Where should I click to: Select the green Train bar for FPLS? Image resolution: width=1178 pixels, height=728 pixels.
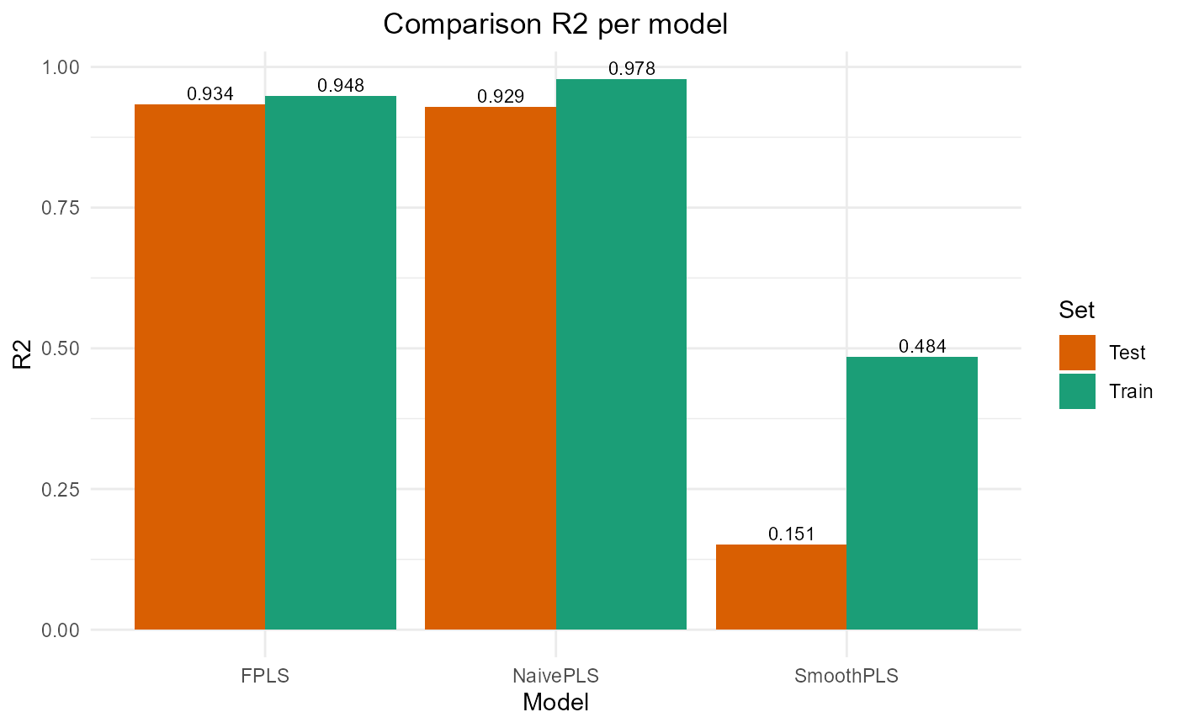pos(331,363)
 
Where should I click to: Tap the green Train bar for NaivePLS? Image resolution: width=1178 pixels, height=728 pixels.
pos(621,354)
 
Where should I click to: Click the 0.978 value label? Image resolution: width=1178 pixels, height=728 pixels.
pos(631,69)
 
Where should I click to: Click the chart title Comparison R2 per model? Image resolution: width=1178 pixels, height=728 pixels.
pos(555,24)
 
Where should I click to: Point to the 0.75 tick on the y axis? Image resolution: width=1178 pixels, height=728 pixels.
pos(60,208)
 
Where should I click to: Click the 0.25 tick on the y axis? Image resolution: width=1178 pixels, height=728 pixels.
pos(60,490)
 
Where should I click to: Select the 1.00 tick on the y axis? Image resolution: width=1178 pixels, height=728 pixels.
pos(60,67)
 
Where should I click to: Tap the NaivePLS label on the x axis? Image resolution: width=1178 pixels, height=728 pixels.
pos(555,676)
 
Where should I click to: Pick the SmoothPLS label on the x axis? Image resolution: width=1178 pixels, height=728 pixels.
pos(846,676)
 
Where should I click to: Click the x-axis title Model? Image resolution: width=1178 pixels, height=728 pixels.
pos(555,703)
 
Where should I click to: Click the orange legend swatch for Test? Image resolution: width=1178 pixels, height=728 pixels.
pos(1077,353)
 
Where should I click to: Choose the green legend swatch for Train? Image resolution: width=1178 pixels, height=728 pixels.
pos(1077,391)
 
